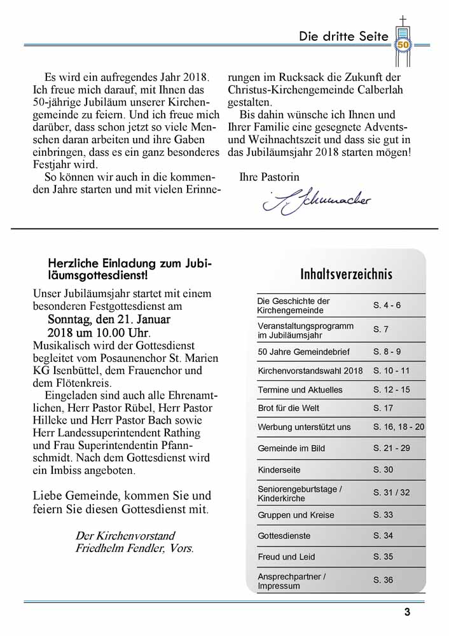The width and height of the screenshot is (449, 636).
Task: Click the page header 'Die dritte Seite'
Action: coord(343,36)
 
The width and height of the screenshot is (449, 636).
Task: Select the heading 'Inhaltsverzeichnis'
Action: coord(346,274)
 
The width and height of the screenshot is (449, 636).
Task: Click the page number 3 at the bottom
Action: coord(407,612)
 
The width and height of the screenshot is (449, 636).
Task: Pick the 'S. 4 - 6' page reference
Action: coord(387,305)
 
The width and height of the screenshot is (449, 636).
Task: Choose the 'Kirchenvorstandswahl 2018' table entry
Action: coord(310,371)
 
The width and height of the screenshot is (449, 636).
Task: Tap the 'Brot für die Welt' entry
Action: coord(289,408)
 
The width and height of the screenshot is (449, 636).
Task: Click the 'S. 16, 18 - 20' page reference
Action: coord(399,427)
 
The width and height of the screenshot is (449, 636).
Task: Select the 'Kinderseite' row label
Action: coord(279,470)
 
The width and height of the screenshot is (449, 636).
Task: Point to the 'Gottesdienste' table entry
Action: coord(284,536)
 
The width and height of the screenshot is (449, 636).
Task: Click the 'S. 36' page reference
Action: coord(383,580)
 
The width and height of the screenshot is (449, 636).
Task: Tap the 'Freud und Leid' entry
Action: coord(286,557)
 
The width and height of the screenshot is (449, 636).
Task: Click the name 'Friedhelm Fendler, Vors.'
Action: coord(135,548)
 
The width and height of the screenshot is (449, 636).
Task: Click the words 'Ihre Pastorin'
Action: coord(269,177)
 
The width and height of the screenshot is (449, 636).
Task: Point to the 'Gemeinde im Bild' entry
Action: coord(291,448)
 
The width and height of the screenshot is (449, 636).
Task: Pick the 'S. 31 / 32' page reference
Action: coord(391,493)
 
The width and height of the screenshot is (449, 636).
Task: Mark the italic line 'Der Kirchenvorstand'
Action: coord(125,536)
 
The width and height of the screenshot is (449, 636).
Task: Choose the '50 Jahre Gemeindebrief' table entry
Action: coord(303,352)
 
